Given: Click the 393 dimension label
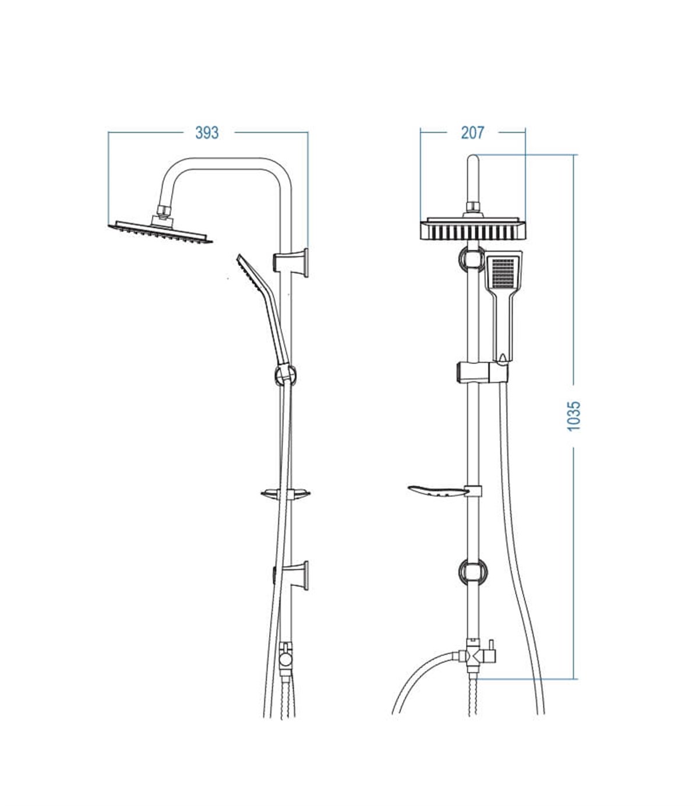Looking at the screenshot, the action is pyautogui.click(x=207, y=133).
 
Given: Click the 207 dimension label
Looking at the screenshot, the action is pyautogui.click(x=472, y=133).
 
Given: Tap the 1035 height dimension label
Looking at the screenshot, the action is pyautogui.click(x=574, y=416).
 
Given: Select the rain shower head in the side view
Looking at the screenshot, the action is pyautogui.click(x=160, y=232).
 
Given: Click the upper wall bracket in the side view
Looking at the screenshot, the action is pyautogui.click(x=291, y=263).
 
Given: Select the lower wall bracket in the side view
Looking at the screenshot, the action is pyautogui.click(x=291, y=575).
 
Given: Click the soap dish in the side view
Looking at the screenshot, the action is pyautogui.click(x=285, y=494).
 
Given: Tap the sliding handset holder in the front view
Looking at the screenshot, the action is pyautogui.click(x=482, y=372).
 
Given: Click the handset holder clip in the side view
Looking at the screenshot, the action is pyautogui.click(x=285, y=375).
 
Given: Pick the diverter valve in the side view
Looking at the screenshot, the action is pyautogui.click(x=286, y=659).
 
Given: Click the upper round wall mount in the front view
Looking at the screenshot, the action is pyautogui.click(x=472, y=258).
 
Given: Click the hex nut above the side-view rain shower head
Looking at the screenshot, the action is pyautogui.click(x=164, y=211).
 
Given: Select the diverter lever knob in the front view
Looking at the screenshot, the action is pyautogui.click(x=492, y=644).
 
